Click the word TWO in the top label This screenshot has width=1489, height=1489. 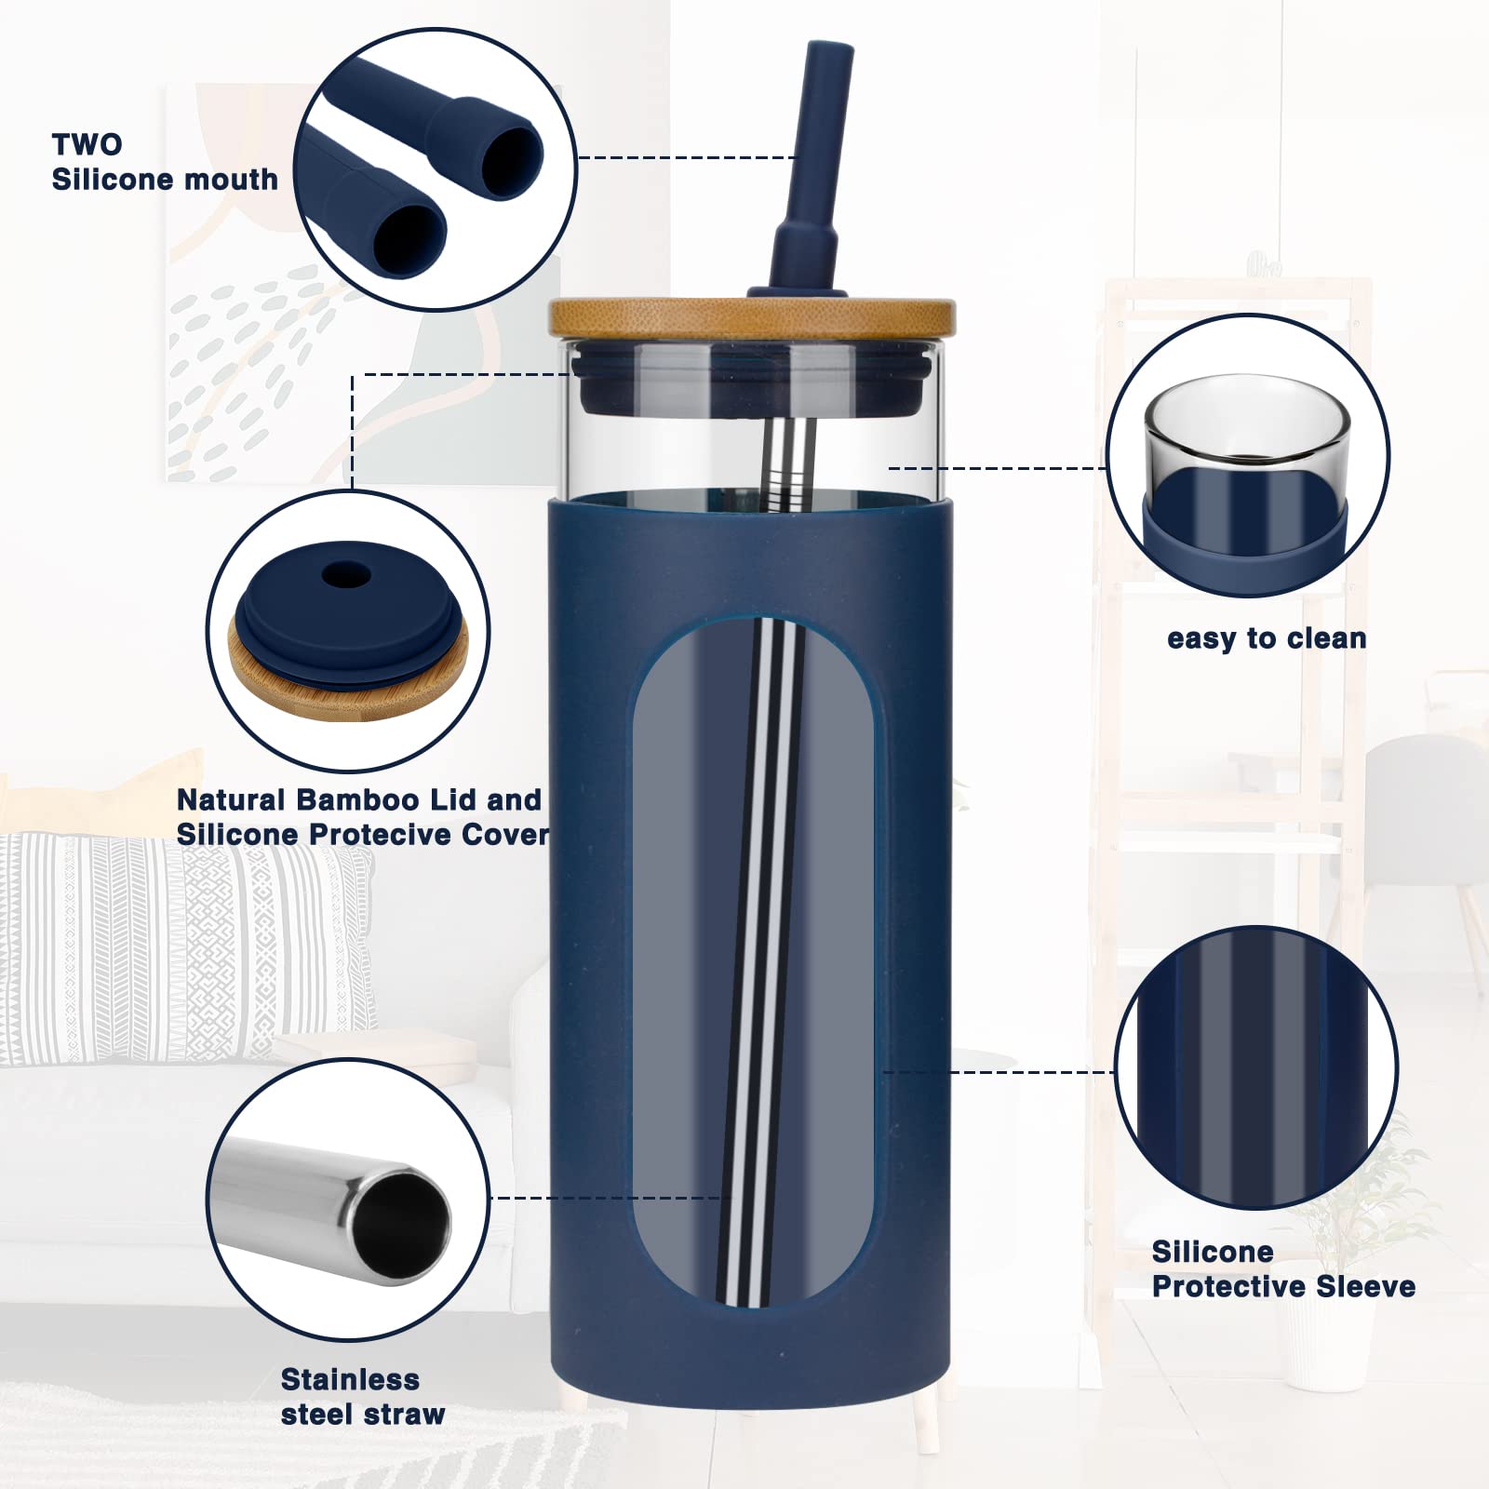(87, 144)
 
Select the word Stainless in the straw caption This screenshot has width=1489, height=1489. (350, 1379)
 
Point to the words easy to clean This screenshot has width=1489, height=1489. (1267, 638)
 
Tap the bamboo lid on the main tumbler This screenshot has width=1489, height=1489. (752, 316)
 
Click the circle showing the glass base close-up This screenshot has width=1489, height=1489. (1247, 456)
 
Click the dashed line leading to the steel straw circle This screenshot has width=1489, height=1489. (605, 1198)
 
